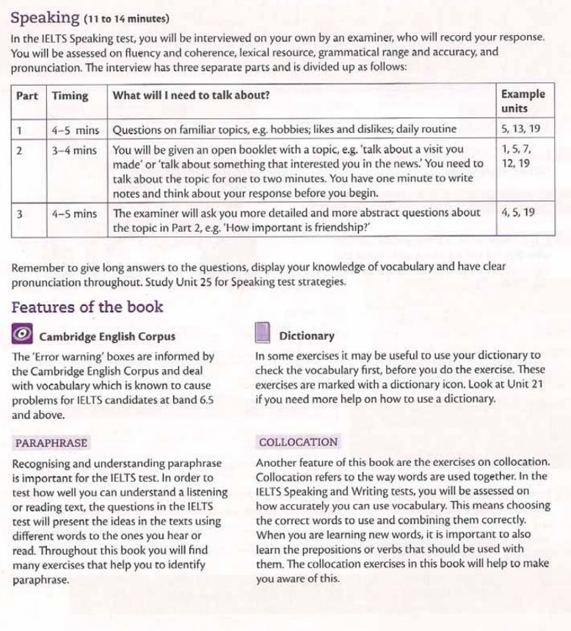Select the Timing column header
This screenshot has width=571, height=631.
coord(70,95)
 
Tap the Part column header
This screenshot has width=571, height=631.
coord(27,95)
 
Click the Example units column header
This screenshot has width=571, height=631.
coord(523,101)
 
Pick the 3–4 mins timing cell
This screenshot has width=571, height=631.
coord(74,150)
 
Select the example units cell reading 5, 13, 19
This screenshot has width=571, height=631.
coord(520,129)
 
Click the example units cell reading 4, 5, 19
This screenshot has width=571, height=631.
coord(517,213)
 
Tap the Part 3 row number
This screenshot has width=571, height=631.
coord(20,214)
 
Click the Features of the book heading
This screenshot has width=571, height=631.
coord(87,307)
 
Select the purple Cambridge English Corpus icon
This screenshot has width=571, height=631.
coord(22,335)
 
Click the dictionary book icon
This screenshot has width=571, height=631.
coord(263,335)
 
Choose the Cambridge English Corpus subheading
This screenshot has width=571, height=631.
coord(107,337)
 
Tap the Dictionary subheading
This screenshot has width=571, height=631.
coord(307,336)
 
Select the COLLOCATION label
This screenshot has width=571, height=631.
coord(299,442)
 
